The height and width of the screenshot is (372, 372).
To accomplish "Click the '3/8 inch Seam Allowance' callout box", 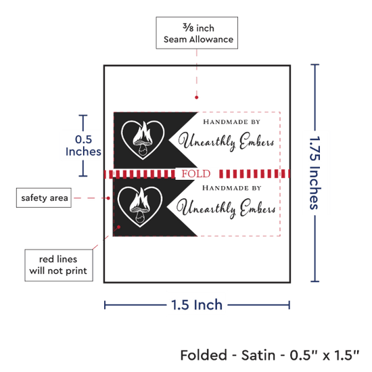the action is (x=197, y=32).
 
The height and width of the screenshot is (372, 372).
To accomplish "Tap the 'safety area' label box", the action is (x=44, y=197).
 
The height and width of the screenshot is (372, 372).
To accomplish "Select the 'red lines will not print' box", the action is (x=59, y=265).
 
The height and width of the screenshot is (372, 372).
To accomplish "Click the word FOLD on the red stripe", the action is (x=196, y=174).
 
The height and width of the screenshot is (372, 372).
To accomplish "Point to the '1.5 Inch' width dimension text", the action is (x=197, y=305).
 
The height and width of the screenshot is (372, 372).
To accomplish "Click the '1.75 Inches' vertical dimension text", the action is (x=315, y=172).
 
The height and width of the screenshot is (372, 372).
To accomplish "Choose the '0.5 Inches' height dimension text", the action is (x=83, y=145).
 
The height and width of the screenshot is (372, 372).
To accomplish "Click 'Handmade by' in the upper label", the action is (x=232, y=122).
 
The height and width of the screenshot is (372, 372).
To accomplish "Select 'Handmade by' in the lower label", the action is (x=231, y=188).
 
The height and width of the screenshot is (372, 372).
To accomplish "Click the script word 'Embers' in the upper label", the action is (x=257, y=141).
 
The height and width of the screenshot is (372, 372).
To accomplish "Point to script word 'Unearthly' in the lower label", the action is (x=206, y=208).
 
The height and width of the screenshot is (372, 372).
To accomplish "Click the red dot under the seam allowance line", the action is (x=196, y=97).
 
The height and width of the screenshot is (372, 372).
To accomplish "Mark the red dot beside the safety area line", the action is (x=108, y=198).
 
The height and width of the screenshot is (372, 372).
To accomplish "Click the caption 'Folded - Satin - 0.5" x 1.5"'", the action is (x=270, y=355).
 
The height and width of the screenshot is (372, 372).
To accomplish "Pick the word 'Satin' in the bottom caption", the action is (x=258, y=355).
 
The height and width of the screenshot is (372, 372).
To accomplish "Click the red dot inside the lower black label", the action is (x=119, y=227).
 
